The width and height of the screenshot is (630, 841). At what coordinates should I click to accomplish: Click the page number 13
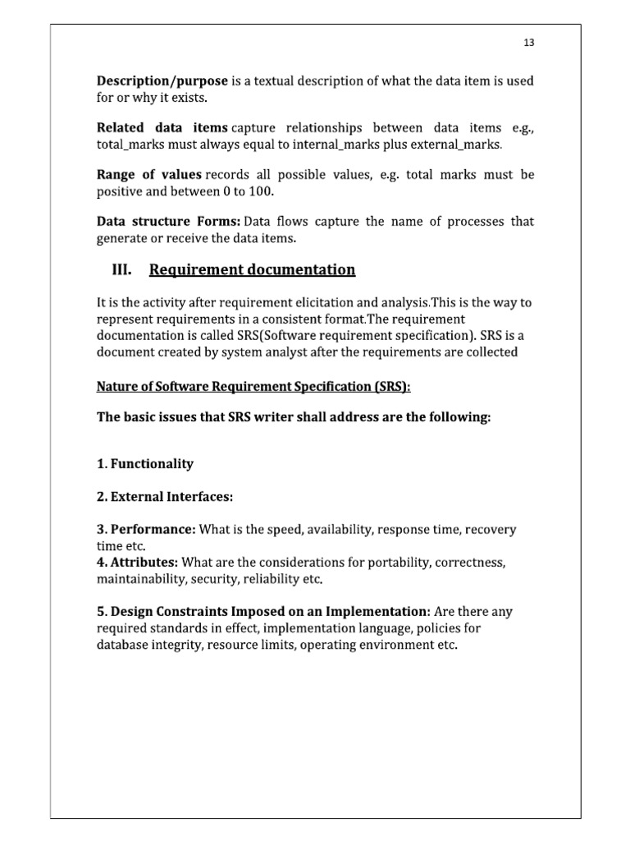pos(527,44)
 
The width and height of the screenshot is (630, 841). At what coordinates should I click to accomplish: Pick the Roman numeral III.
pos(122,269)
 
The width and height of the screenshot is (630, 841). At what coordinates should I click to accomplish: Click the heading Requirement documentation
pos(253,269)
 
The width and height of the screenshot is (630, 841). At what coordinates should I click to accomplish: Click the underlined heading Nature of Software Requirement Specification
pos(253,386)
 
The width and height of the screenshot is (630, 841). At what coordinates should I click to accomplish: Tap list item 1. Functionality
pos(145,463)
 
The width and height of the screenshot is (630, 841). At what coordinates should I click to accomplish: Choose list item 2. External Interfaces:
pos(165,496)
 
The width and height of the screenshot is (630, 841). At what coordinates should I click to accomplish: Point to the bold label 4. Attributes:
pos(137,563)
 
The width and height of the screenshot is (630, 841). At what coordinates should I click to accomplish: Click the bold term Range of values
pos(148,175)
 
